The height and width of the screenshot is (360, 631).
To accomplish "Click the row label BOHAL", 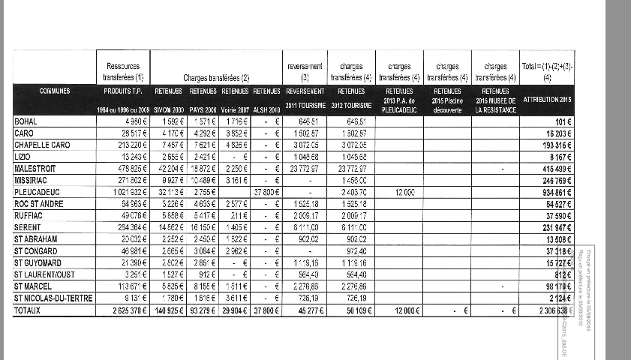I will pyautogui.click(x=25, y=121).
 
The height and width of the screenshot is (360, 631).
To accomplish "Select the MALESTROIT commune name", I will pyautogui.click(x=36, y=169).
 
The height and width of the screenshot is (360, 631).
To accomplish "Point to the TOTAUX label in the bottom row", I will pyautogui.click(x=28, y=310).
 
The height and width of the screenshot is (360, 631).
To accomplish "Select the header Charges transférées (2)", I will pyautogui.click(x=216, y=77).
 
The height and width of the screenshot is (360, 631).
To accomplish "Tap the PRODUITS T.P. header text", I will pyautogui.click(x=123, y=91).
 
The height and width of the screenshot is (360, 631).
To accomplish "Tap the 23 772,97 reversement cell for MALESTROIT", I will pyautogui.click(x=303, y=169).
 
